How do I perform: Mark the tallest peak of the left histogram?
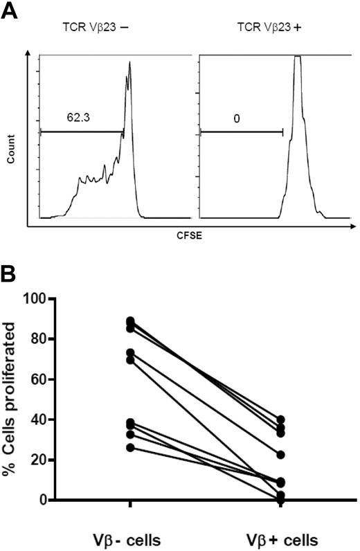point(129,62)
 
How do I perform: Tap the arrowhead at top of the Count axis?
point(28,54)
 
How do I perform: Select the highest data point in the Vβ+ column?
point(280,419)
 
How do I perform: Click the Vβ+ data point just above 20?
point(280,455)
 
